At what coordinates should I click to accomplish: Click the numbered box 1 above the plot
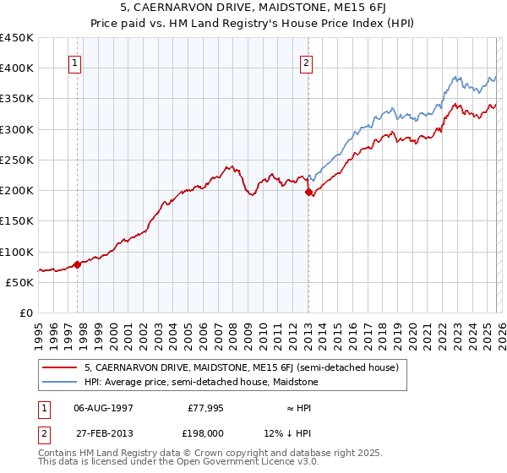(75, 63)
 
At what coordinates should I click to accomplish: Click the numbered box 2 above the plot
(306, 63)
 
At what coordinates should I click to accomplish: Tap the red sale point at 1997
(77, 264)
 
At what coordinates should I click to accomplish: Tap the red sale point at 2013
(308, 192)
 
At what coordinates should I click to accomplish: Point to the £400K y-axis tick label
(17, 68)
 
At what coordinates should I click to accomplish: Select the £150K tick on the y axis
(17, 221)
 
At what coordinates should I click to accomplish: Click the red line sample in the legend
(59, 367)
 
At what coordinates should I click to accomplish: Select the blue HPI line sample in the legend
(59, 382)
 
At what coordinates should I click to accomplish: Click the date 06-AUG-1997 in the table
(103, 407)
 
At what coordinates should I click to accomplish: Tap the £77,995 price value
(204, 407)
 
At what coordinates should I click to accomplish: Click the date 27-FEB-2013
(103, 432)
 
